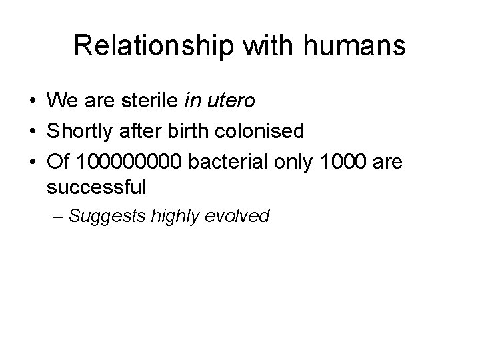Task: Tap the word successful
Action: [x=96, y=188]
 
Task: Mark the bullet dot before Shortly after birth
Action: [x=32, y=132]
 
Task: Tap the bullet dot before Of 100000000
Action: [x=32, y=161]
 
